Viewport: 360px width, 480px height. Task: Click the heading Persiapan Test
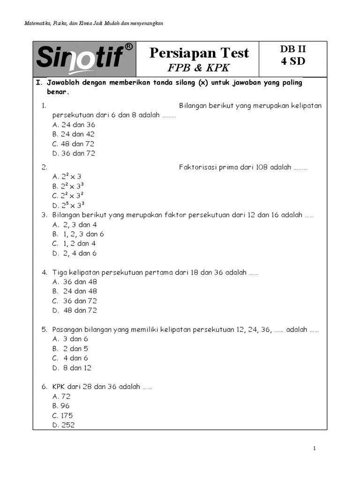click(x=199, y=53)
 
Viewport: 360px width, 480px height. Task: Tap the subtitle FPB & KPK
click(x=199, y=67)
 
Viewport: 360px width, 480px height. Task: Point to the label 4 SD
click(x=293, y=61)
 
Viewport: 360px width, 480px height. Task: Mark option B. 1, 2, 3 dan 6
click(x=78, y=234)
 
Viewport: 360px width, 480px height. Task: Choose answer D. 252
click(x=64, y=425)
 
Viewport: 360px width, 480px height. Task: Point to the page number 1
click(x=315, y=449)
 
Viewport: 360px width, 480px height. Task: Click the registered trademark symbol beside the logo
click(x=129, y=47)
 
